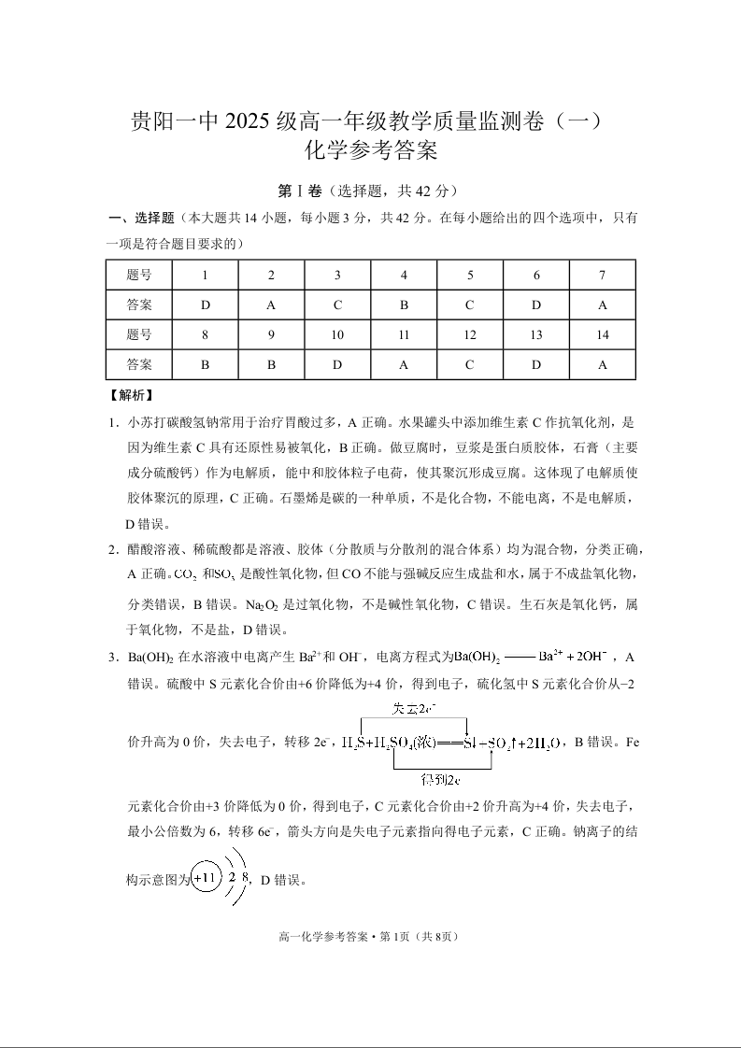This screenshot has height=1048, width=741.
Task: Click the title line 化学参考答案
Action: [x=370, y=150]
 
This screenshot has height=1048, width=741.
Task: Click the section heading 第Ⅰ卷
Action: [x=299, y=191]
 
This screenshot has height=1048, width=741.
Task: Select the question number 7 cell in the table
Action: [x=603, y=275]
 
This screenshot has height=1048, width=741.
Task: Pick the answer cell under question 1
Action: [x=205, y=304]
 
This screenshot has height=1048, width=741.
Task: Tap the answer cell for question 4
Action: [x=404, y=304]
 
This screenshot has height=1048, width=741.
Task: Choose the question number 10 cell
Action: [x=337, y=335]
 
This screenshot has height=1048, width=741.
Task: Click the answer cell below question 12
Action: [x=470, y=365]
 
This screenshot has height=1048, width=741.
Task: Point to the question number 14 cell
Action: [x=603, y=335]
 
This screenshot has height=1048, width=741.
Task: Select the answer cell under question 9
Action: [x=271, y=365]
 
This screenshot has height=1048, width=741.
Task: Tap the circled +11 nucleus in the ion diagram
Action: [x=206, y=878]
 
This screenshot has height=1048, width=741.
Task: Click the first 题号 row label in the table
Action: [x=138, y=275]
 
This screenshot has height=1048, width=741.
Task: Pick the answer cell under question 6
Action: [x=536, y=304]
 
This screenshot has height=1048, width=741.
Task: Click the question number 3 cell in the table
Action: [x=337, y=275]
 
